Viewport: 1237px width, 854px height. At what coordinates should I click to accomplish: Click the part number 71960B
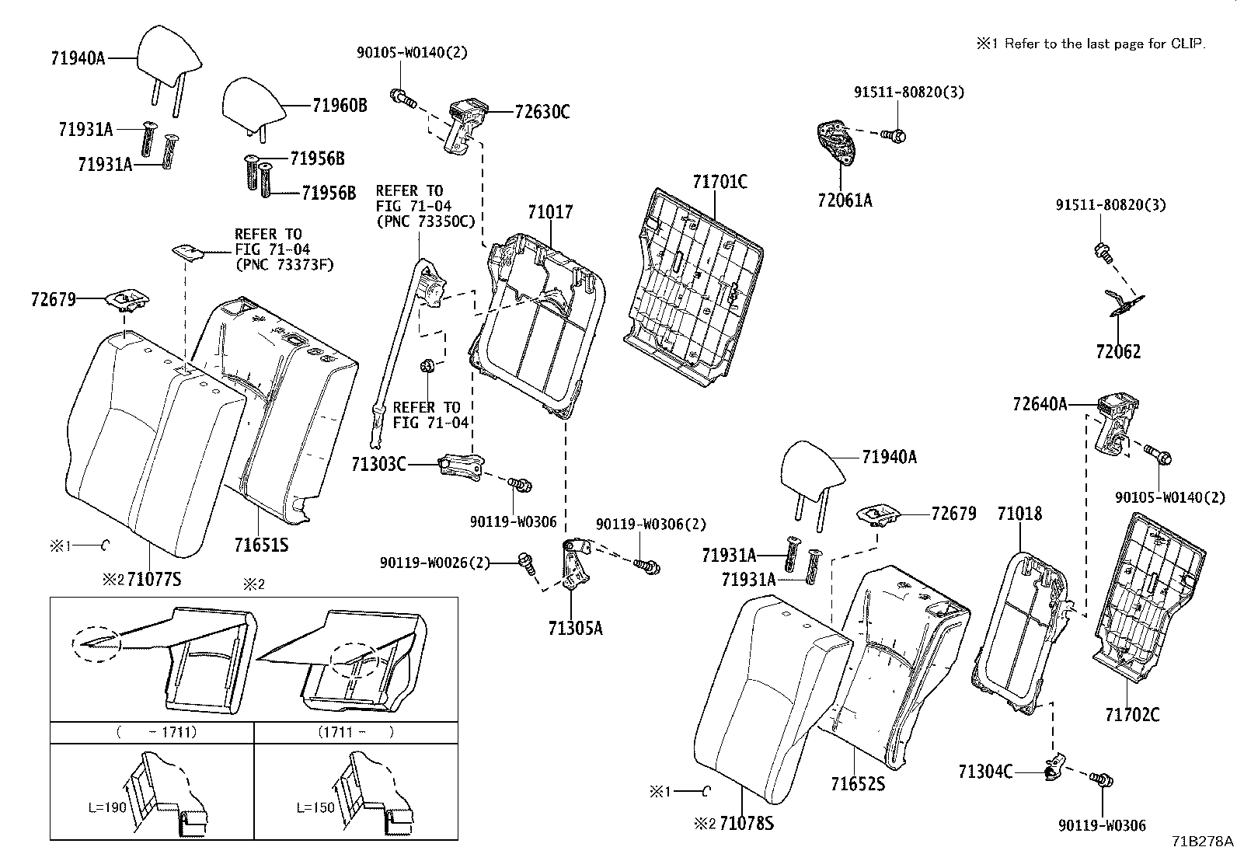coord(339,106)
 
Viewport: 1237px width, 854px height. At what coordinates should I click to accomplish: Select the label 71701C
coord(720,183)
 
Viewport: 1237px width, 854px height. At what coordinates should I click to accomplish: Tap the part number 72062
coord(1118,352)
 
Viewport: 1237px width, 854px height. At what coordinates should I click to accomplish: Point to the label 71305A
coord(575,628)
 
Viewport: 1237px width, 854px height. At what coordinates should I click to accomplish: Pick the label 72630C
coord(542,112)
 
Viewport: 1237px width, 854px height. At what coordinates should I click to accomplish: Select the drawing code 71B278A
coord(1203,841)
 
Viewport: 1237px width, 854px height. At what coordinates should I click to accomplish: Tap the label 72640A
coord(1040,404)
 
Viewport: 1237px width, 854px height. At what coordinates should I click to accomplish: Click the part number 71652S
coord(857,783)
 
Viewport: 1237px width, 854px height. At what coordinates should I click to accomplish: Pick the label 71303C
coord(378,465)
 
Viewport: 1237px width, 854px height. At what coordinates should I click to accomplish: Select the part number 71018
coord(1019,514)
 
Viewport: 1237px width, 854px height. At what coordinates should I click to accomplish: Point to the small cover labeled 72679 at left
coord(127,299)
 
